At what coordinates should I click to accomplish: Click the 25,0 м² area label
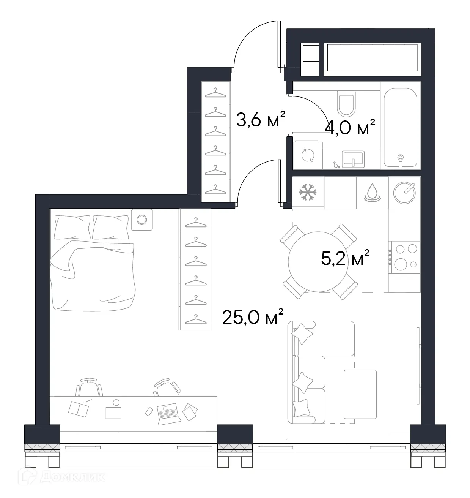(x=253, y=317)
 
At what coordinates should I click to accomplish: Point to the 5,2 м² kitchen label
(x=345, y=259)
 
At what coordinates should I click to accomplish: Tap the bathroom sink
(x=353, y=158)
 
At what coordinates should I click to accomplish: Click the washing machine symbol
(x=307, y=155)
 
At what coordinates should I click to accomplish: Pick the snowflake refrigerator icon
(x=308, y=192)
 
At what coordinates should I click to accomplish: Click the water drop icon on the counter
(x=372, y=192)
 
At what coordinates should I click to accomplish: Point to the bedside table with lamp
(x=141, y=220)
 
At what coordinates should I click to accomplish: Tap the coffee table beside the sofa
(x=360, y=394)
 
